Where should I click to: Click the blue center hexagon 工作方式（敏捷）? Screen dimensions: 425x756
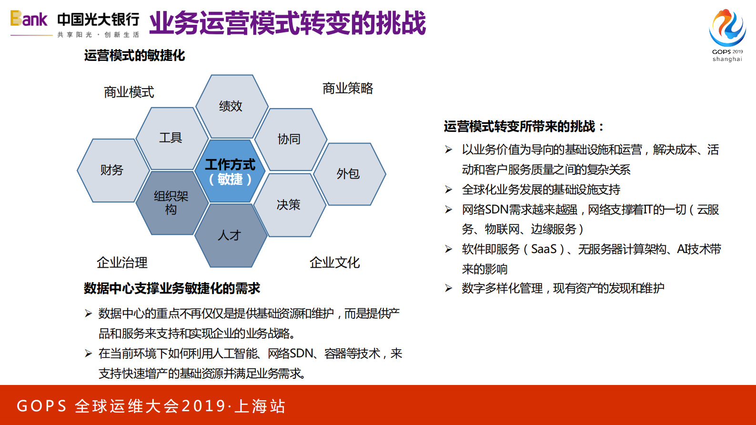click(230, 172)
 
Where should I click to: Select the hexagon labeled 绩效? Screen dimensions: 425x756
click(232, 106)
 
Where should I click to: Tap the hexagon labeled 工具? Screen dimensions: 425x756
click(171, 138)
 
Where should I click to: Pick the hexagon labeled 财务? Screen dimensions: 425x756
click(112, 170)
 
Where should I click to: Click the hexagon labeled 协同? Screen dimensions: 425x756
click(290, 139)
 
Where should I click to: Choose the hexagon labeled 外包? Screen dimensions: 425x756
click(349, 174)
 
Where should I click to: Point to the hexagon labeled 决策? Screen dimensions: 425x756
click(289, 205)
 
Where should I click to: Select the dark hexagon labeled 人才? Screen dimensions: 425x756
click(231, 235)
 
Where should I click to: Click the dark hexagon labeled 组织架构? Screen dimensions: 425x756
click(171, 203)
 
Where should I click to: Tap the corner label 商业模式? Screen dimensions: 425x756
click(129, 92)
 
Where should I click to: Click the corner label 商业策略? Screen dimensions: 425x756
click(348, 88)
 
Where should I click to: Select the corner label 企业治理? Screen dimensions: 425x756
click(122, 263)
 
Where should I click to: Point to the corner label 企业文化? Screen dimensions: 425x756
click(334, 263)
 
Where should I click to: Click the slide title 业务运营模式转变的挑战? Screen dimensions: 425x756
click(287, 23)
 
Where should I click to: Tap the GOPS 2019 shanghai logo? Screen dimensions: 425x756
click(727, 35)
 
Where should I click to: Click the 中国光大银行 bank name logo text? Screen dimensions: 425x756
click(98, 20)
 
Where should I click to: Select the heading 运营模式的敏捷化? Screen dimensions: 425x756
click(134, 56)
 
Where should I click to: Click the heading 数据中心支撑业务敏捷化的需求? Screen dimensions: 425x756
click(172, 288)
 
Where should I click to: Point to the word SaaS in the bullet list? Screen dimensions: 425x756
click(544, 249)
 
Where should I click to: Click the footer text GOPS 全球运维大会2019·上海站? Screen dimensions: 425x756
click(151, 406)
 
